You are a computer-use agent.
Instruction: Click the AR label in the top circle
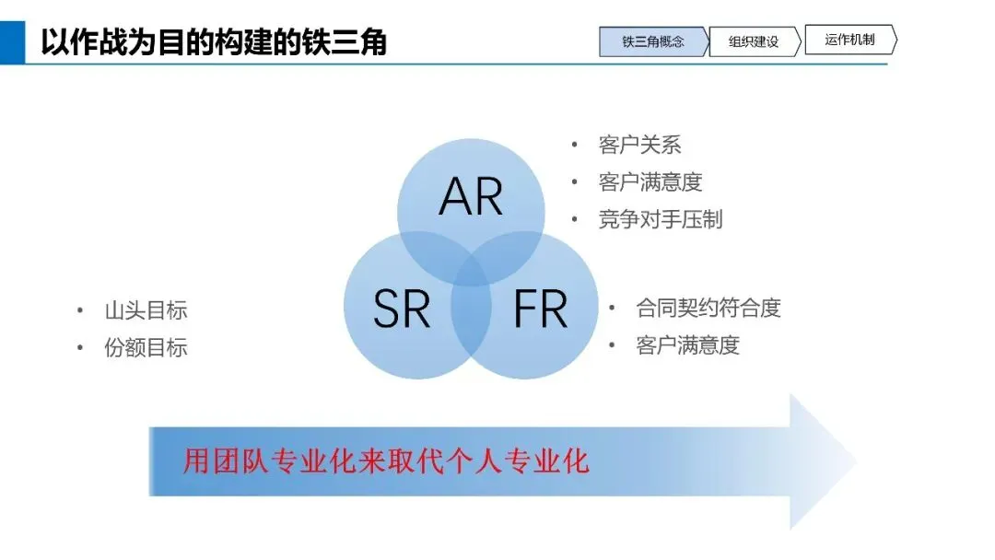471,195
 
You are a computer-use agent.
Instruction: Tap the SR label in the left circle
402,309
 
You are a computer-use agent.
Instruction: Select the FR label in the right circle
540,309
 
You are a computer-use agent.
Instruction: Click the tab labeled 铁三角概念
653,41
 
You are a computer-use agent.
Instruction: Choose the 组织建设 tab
753,41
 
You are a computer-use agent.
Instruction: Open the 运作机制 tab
849,40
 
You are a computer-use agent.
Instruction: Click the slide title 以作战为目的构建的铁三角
214,42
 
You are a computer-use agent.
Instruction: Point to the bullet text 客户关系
639,145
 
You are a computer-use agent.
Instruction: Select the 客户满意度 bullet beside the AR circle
650,182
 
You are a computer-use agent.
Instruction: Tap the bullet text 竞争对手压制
661,219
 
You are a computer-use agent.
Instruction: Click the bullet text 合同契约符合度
708,308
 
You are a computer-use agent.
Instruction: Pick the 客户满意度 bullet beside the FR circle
687,345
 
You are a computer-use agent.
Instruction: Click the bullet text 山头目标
146,310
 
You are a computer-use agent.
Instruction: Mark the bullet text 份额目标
146,347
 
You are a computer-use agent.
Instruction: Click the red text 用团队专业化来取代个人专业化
385,461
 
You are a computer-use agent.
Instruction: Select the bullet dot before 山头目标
80,310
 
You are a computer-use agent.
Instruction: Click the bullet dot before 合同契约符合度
612,308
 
